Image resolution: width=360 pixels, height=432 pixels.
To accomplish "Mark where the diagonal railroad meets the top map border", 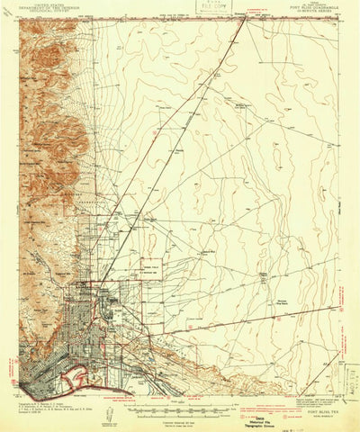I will tap(245, 20).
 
